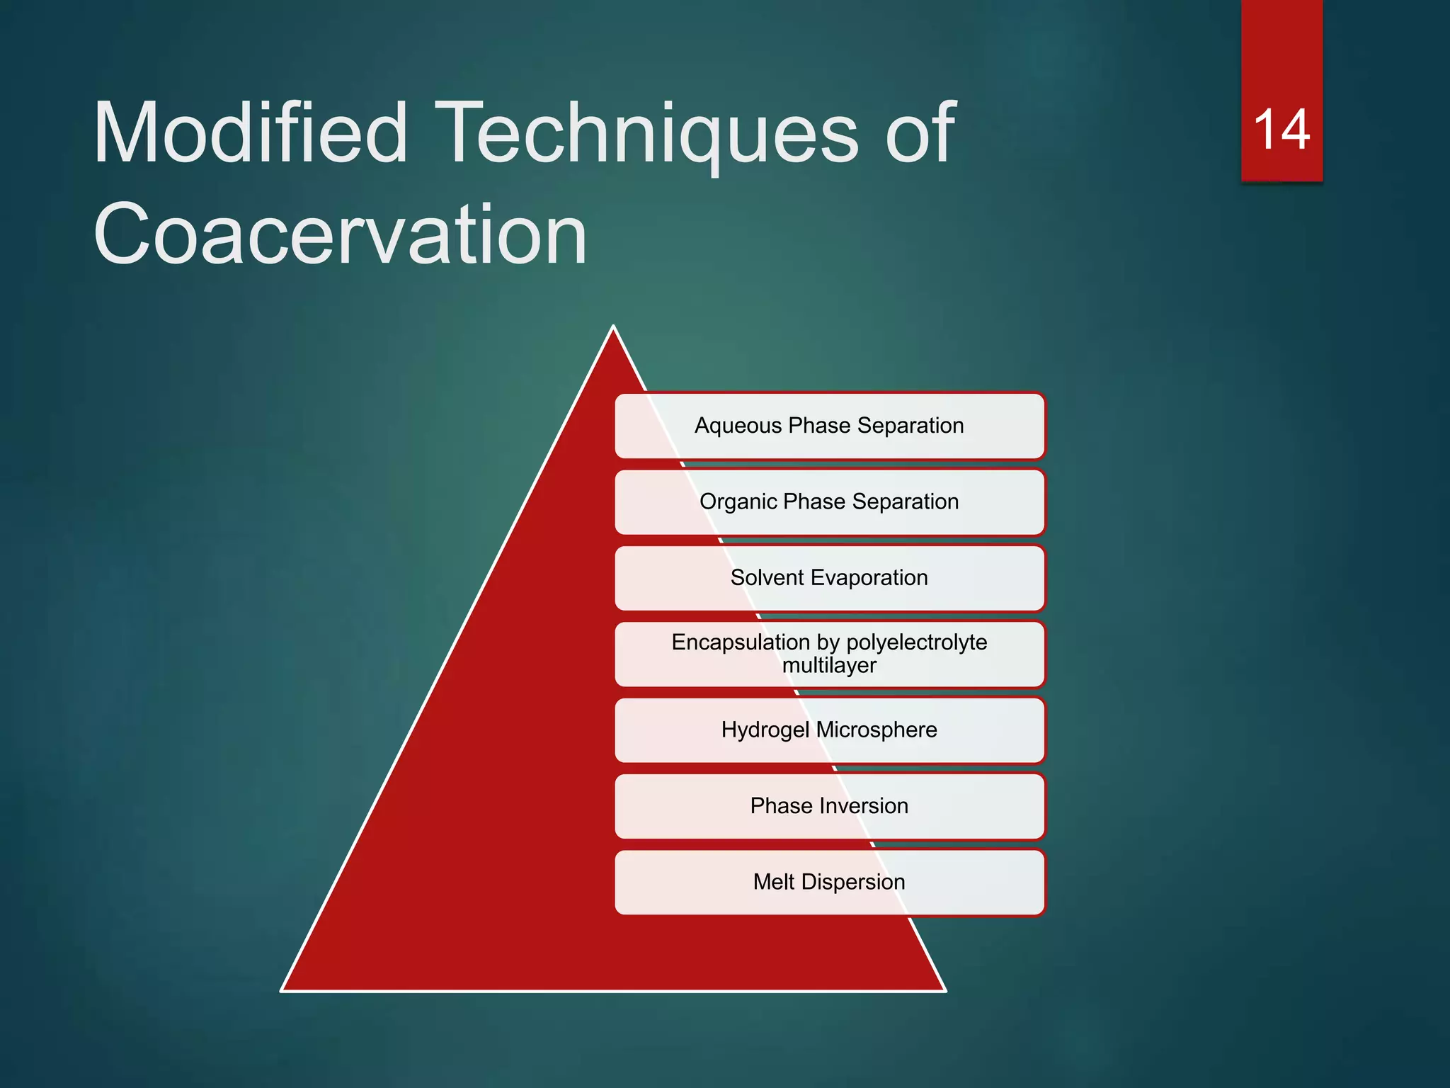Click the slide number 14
(x=1281, y=130)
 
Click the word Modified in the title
(x=251, y=132)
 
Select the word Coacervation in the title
(x=340, y=234)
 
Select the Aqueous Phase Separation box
(x=830, y=426)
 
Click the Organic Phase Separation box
(x=830, y=501)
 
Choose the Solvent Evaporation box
(x=830, y=578)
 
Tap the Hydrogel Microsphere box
(x=830, y=730)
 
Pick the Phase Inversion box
(x=830, y=806)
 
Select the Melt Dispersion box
(x=830, y=882)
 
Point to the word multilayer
(x=829, y=666)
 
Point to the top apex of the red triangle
(x=614, y=329)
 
